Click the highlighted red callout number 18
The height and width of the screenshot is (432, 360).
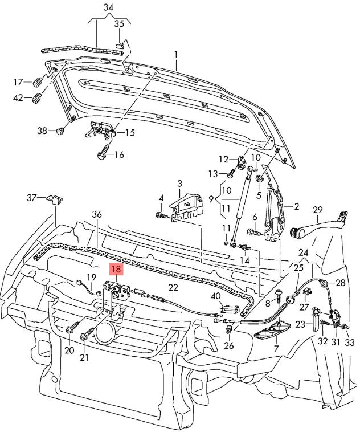tap(116, 269)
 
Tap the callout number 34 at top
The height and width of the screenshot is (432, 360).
tap(109, 7)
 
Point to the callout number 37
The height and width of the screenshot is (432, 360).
tap(32, 197)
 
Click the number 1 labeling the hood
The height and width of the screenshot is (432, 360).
tap(176, 55)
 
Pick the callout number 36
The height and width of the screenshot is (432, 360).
tap(97, 214)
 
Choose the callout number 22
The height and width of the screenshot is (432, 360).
tap(173, 288)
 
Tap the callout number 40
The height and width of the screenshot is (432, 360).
tap(215, 296)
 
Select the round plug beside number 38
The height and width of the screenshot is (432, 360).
tap(61, 131)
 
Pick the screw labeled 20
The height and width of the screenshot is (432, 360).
tap(74, 329)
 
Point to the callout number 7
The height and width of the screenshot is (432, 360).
tap(276, 348)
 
